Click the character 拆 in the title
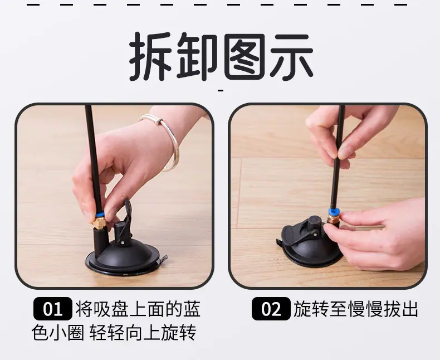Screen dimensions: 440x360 coord(151,56)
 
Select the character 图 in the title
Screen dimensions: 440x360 coord(245,56)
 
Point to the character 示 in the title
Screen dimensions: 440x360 coord(291,56)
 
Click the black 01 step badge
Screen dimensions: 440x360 coord(53,309)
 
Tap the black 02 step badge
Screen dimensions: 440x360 coord(271,309)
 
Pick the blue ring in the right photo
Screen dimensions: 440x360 coord(333,211)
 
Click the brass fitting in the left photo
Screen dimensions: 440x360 coord(99,223)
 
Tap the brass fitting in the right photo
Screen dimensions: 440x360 coord(333,218)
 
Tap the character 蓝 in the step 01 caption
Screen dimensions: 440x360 coord(192,309)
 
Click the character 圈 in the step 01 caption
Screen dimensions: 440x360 coord(76,333)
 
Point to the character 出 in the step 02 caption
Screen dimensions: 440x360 coord(409,309)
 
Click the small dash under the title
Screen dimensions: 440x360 coord(221,90)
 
